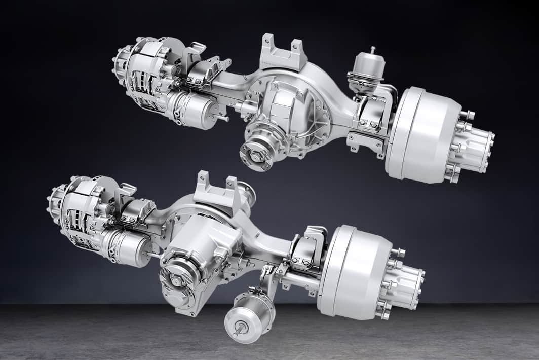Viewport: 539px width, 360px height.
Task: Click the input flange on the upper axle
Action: coord(257,155)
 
